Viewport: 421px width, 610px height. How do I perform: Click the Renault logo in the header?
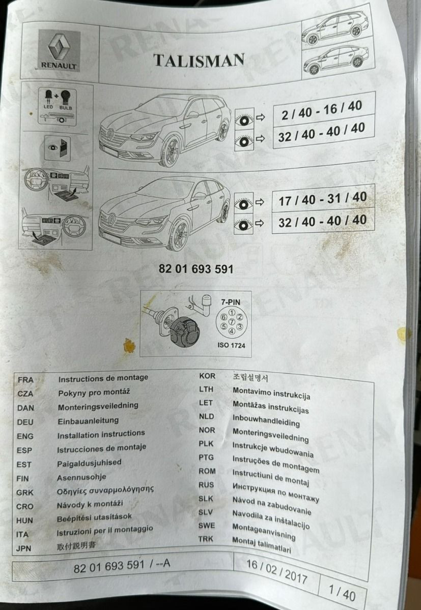coord(59,50)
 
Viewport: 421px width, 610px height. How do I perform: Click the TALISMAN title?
coord(199,60)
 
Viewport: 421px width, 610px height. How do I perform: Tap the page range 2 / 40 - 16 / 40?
coord(322,111)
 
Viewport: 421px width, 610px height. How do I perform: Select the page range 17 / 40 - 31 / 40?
coord(323,199)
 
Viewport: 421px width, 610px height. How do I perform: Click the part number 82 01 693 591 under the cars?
coord(196,269)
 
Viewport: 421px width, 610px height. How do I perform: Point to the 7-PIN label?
coord(231,302)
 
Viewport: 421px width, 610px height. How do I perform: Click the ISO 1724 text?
coord(231,345)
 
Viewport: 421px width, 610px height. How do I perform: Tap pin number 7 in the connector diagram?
coord(232,322)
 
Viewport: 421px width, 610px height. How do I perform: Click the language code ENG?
coord(25,436)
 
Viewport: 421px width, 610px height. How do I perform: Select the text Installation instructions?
coord(101,434)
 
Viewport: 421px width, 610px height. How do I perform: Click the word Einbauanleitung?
coord(88,421)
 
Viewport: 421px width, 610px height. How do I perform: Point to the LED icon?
coord(48,97)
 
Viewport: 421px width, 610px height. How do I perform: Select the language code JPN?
coord(24,548)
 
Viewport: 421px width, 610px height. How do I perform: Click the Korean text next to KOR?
coord(250,377)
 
